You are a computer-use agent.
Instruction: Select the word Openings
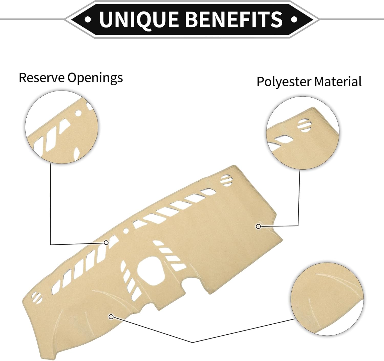[95, 78]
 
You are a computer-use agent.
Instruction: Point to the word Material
[338, 81]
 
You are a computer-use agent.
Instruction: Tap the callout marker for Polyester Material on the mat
[258, 226]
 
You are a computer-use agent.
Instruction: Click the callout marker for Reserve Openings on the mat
[106, 242]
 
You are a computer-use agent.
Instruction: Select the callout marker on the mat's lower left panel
[111, 317]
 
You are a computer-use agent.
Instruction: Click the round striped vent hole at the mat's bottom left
[37, 297]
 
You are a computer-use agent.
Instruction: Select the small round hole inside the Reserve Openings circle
[78, 113]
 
